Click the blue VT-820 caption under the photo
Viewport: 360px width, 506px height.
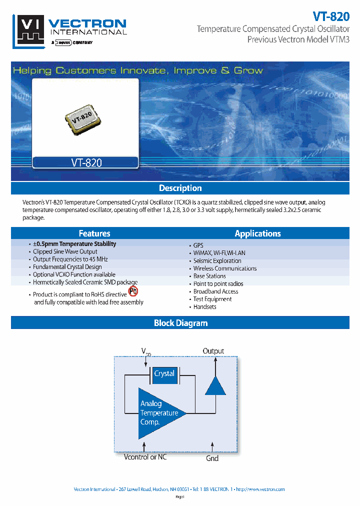click(x=85, y=162)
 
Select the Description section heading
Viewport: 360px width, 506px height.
click(x=180, y=188)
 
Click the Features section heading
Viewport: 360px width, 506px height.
click(x=94, y=233)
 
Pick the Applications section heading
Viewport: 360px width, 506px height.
click(x=257, y=233)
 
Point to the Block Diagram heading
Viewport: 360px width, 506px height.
click(x=180, y=323)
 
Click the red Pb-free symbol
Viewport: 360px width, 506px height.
click(x=133, y=291)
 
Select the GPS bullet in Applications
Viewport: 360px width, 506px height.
click(x=198, y=245)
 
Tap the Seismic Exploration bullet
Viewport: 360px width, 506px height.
click(x=217, y=260)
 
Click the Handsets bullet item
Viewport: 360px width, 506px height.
click(x=204, y=307)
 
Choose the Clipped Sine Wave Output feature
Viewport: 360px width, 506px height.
click(x=65, y=252)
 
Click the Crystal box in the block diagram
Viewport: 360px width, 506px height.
click(x=164, y=374)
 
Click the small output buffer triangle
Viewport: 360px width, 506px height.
click(x=215, y=385)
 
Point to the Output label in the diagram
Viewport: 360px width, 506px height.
click(x=213, y=351)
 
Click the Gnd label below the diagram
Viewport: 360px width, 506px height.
click(x=212, y=458)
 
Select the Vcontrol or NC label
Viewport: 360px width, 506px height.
click(x=145, y=457)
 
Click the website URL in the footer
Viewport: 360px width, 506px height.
click(x=260, y=489)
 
